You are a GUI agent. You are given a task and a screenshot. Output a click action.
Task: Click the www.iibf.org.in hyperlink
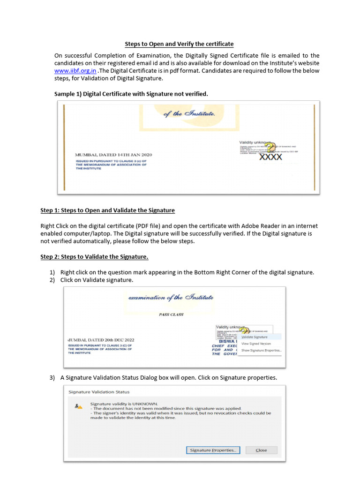click(75, 71)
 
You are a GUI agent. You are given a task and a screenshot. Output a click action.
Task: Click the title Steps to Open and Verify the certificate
click(179, 44)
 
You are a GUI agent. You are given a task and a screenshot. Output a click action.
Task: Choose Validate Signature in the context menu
click(255, 337)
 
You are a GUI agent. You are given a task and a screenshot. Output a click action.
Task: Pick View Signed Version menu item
click(256, 344)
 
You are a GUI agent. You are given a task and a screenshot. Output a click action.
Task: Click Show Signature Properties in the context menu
click(261, 350)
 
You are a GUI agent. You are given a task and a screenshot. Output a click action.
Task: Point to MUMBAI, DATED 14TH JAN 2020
click(113, 155)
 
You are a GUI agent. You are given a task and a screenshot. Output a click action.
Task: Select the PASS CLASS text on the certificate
click(171, 315)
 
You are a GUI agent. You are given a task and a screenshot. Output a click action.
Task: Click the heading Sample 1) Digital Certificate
click(131, 94)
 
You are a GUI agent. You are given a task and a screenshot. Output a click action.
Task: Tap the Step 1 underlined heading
click(107, 210)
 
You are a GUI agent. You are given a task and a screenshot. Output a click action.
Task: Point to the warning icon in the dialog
click(78, 406)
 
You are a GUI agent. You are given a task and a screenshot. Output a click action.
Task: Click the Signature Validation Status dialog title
click(99, 391)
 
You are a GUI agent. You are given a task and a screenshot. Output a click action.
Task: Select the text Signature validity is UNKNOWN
click(124, 404)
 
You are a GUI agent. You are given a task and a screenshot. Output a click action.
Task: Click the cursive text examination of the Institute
click(171, 297)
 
